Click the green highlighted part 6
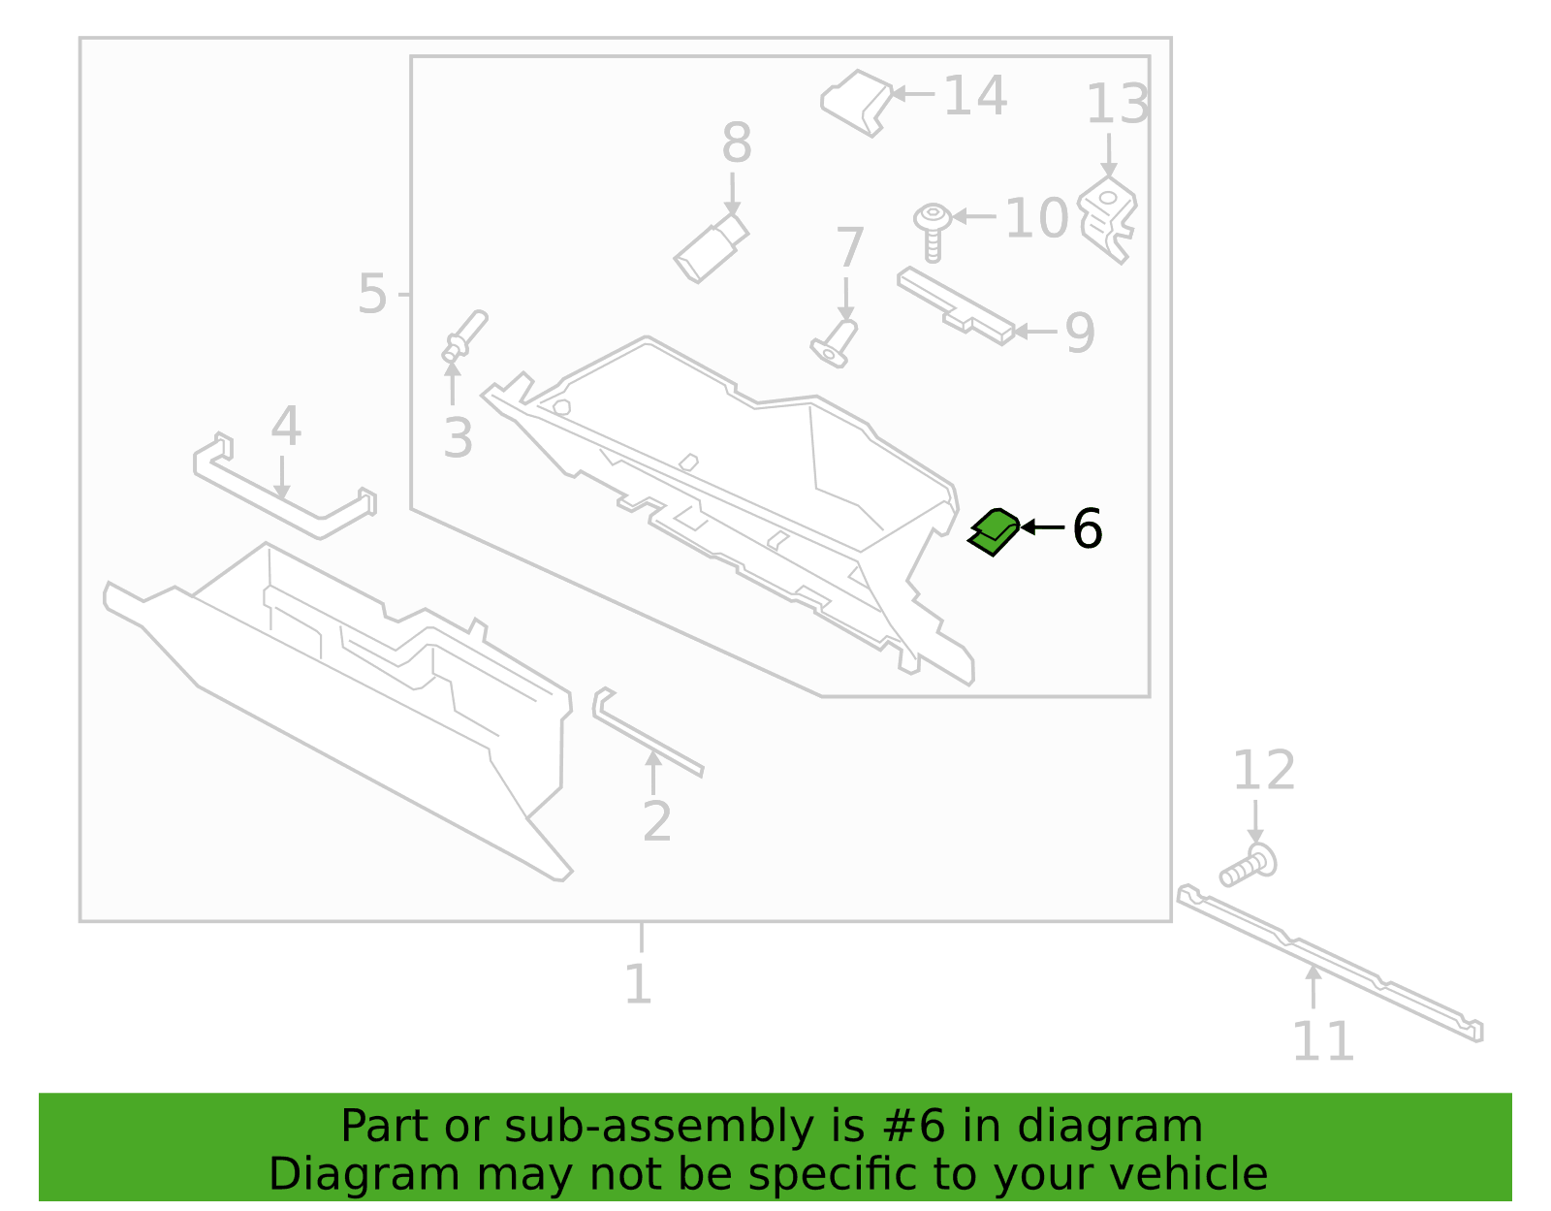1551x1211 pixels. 994,532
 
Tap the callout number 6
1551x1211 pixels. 1087,528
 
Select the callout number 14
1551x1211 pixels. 975,96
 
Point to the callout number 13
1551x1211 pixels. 1118,104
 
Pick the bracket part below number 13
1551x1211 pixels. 1107,219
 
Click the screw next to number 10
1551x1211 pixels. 933,232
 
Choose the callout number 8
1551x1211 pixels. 737,142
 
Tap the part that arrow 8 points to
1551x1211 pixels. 711,247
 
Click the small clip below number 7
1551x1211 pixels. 835,344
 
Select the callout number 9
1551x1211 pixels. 1080,333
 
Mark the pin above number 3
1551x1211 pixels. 464,335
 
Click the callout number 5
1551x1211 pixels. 372,293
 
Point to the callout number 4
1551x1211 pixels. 286,426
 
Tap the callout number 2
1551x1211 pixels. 656,821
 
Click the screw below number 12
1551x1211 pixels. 1248,866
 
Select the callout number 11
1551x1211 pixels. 1322,1041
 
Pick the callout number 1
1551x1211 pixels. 638,984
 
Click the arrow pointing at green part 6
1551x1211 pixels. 1043,527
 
